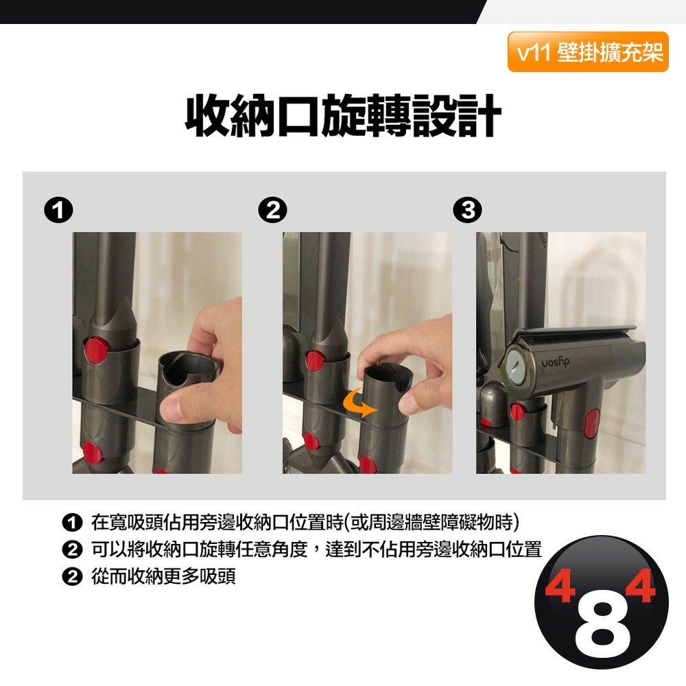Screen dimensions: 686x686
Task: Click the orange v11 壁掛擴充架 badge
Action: click(588, 52)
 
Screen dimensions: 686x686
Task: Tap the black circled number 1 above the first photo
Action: click(58, 211)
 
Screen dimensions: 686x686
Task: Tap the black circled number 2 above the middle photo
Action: click(272, 211)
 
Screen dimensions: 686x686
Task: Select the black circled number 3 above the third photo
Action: click(468, 211)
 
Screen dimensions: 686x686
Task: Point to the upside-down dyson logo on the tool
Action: click(555, 362)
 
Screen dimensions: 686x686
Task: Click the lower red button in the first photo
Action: click(93, 453)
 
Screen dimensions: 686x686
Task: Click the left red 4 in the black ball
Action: click(560, 585)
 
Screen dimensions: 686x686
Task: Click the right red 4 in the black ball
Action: click(640, 585)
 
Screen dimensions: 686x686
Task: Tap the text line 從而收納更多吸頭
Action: click(163, 576)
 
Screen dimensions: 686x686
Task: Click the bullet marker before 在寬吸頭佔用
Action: click(72, 523)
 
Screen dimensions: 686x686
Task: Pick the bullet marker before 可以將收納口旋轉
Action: click(72, 549)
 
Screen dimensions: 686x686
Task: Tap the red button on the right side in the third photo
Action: click(592, 423)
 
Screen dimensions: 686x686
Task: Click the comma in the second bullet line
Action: click(316, 554)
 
